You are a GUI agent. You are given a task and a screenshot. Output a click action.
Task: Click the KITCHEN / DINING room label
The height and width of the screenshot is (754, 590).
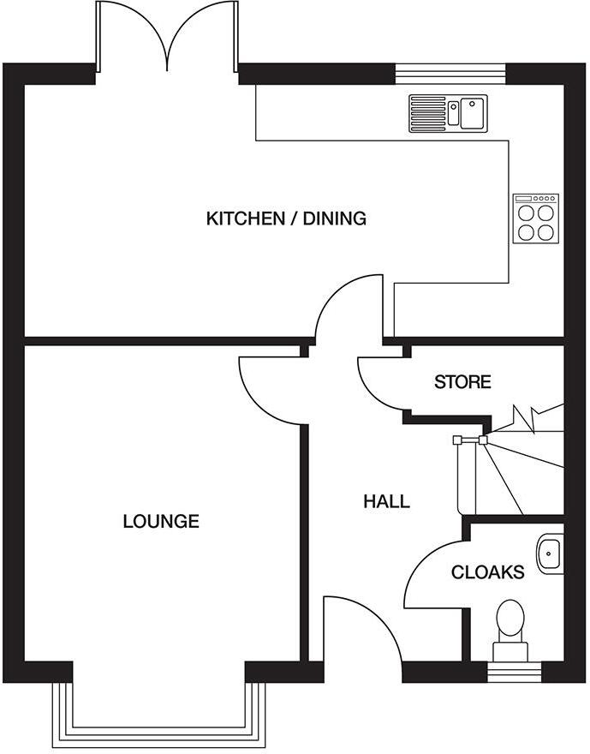coord(286,218)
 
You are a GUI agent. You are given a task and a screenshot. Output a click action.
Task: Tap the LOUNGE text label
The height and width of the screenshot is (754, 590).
coord(161,521)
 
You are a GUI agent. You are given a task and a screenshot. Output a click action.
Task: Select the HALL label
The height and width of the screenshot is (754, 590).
coord(386,501)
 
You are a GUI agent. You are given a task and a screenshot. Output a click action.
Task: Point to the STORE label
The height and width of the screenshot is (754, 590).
coord(462,382)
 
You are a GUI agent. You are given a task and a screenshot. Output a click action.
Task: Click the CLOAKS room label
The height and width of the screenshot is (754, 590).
coord(487,572)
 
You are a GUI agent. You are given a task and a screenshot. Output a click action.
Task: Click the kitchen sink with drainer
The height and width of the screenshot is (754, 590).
coord(447,112)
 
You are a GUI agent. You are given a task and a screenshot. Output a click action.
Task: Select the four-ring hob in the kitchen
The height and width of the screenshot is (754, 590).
coord(535,218)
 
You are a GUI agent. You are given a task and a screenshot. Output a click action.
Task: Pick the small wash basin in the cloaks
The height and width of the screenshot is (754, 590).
coord(551,553)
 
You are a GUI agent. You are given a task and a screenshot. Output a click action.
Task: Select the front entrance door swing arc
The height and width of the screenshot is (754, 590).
coord(360,625)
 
